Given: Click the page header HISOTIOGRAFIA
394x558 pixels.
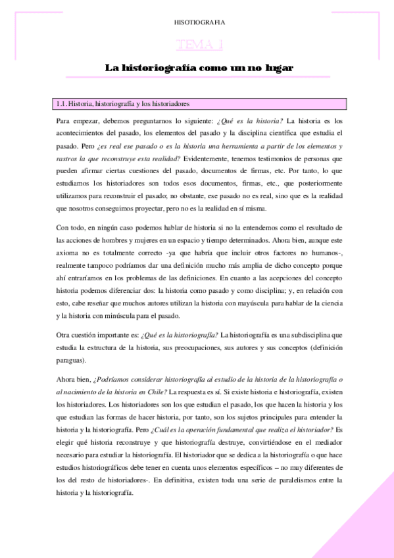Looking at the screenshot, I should point(199,22).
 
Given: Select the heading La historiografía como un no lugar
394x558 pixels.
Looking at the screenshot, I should point(199,68).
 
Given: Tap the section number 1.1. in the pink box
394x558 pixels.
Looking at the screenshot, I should point(62,104).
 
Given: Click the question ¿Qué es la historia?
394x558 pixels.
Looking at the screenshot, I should point(255,120).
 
